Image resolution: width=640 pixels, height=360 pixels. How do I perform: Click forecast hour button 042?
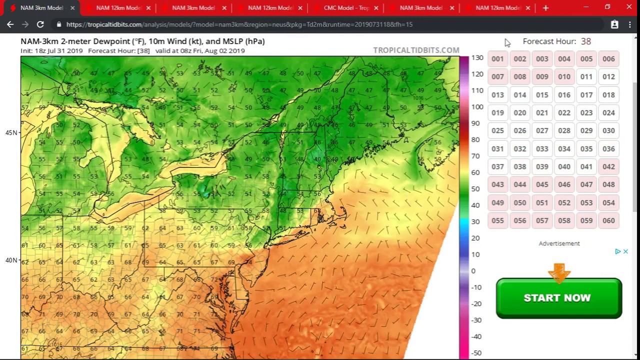[608, 166]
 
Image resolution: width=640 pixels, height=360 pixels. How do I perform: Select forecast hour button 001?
[497, 59]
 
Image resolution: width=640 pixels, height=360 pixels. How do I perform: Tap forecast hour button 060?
[608, 220]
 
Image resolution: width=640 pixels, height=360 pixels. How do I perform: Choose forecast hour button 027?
[542, 130]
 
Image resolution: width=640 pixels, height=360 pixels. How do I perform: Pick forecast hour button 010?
[564, 77]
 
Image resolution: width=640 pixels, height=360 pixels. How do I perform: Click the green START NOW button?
[558, 298]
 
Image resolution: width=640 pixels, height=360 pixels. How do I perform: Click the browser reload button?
[40, 24]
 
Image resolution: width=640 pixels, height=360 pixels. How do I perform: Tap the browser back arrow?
[10, 24]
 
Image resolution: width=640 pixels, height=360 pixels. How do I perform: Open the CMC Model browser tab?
[346, 8]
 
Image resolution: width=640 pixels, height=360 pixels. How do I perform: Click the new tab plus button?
[545, 8]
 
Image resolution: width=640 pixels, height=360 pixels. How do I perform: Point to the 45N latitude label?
[11, 133]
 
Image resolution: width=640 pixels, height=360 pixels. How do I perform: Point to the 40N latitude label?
[11, 260]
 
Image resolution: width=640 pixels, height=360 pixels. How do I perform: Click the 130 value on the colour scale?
[477, 58]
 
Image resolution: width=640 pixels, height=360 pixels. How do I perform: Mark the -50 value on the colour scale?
[476, 353]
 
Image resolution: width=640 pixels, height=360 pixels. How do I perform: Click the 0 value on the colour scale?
[473, 271]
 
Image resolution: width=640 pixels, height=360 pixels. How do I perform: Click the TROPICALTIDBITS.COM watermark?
[416, 50]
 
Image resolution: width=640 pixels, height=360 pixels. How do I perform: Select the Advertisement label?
[559, 243]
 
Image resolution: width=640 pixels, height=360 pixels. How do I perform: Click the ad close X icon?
[625, 251]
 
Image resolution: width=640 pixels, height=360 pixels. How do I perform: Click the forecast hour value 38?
[586, 41]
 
